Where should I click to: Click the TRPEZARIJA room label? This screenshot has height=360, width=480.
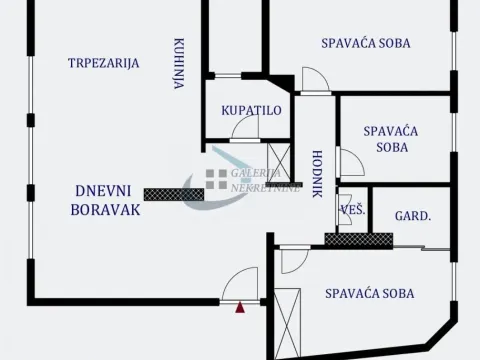[103, 63]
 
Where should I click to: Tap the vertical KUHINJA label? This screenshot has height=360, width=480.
[178, 64]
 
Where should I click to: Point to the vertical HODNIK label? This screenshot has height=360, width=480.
[317, 173]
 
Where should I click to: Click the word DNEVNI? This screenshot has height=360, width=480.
[104, 191]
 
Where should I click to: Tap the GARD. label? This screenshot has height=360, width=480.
[412, 214]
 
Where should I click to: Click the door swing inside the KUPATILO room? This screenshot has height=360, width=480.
[245, 127]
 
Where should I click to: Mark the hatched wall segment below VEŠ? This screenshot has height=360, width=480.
[357, 239]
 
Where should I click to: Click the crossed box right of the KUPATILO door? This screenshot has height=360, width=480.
[278, 160]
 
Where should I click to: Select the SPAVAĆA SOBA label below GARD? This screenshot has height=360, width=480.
[369, 294]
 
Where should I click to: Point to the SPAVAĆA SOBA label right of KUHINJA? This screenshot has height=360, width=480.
[366, 43]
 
